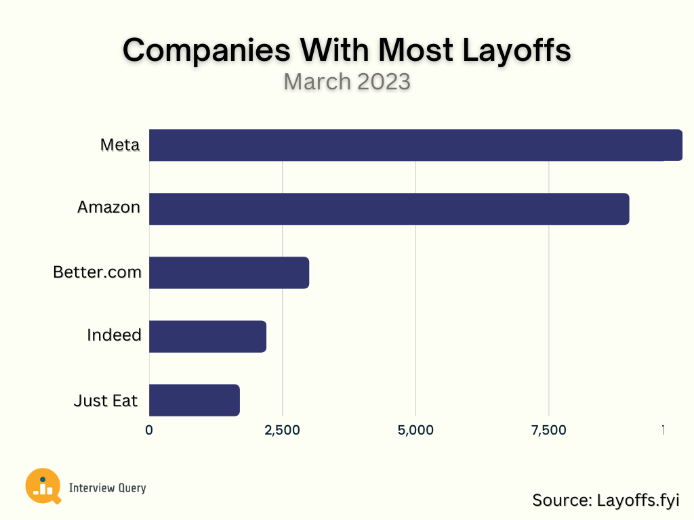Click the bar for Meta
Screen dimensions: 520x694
415,145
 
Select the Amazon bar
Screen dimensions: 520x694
388,209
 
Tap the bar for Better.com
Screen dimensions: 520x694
228,272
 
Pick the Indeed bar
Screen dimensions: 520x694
207,337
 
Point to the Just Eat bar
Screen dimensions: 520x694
194,400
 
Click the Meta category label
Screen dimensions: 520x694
120,145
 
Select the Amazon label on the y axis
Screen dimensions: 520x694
108,207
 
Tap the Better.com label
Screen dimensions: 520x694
98,272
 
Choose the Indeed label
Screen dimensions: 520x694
114,335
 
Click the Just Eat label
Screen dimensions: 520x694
106,401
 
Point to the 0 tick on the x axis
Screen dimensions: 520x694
149,430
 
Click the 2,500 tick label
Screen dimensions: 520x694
282,430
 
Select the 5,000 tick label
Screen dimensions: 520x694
415,430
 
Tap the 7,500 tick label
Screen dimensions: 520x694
549,430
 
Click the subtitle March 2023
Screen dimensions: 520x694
347,81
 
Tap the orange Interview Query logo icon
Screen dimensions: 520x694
42,485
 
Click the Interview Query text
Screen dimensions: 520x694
107,488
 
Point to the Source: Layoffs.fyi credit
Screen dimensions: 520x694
605,500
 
